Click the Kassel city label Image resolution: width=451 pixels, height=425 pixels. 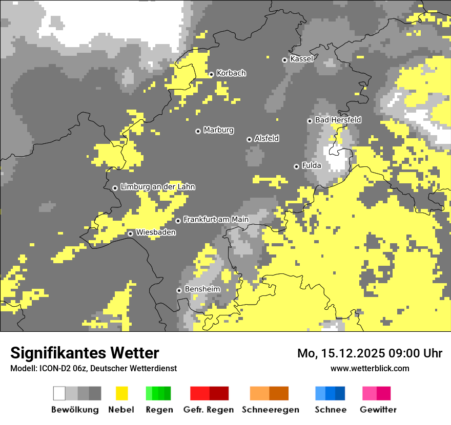tap(301, 59)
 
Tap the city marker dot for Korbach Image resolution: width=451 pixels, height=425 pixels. tap(211, 74)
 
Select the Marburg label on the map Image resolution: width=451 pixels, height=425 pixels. tap(218, 130)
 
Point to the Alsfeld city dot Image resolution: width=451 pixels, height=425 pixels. tap(249, 139)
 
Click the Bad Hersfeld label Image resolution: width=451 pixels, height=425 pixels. tap(338, 120)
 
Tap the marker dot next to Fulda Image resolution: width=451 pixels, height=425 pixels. tap(296, 166)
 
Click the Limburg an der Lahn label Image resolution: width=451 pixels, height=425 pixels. tap(157, 187)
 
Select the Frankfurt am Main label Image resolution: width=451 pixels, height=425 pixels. tap(216, 220)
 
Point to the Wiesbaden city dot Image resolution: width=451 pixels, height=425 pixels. tap(131, 233)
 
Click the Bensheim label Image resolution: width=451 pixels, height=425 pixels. tap(202, 289)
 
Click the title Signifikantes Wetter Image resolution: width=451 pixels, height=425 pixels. tap(85, 353)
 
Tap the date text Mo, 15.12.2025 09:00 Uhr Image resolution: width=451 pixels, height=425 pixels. tap(370, 353)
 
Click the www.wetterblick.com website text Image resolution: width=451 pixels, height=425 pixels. tap(370, 368)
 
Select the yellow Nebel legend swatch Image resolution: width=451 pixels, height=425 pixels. tap(121, 393)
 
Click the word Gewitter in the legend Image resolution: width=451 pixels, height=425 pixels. tap(378, 410)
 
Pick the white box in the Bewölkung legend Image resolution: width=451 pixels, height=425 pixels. tap(59, 393)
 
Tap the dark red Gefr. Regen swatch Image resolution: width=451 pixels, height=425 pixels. tap(219, 393)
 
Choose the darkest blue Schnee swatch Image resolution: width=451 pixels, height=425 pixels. tap(340, 393)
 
